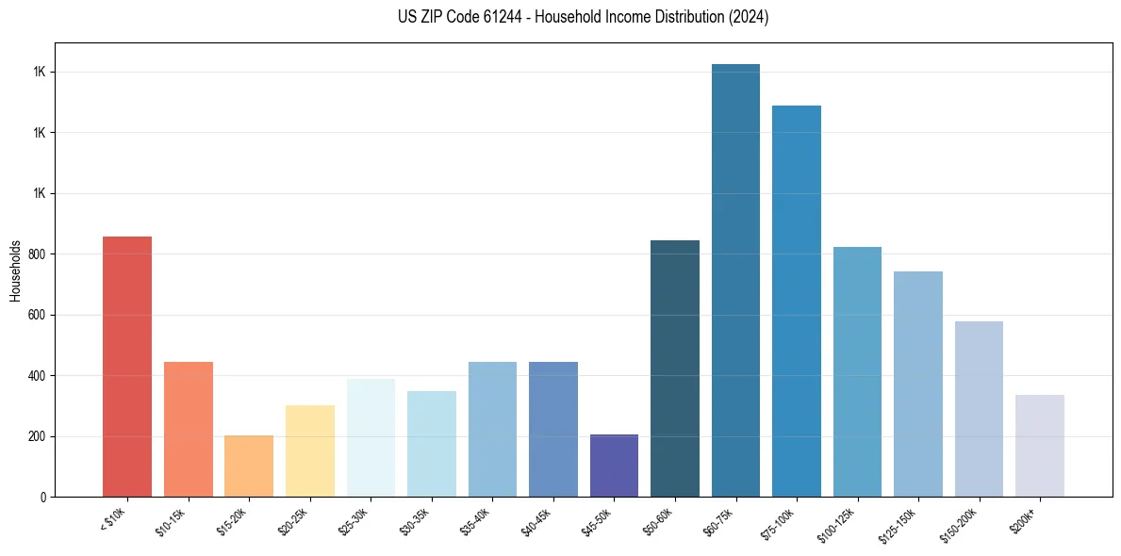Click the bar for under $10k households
tap(127, 367)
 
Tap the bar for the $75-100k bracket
tap(796, 302)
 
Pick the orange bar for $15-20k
tap(249, 466)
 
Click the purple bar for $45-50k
tap(614, 466)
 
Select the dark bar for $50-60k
tap(675, 368)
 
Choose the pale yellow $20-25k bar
tap(310, 451)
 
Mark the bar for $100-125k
tap(857, 372)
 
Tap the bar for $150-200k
tap(979, 409)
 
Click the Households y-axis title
tap(15, 270)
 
